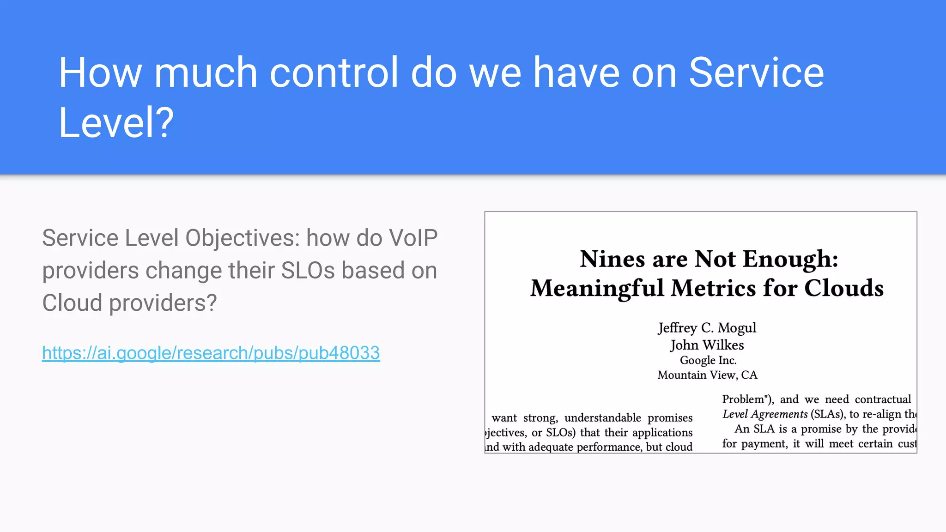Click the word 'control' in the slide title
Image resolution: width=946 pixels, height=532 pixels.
334,73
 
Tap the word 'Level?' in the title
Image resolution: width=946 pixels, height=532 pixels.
116,122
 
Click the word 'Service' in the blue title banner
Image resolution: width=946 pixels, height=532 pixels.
756,73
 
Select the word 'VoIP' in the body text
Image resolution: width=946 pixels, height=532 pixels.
413,238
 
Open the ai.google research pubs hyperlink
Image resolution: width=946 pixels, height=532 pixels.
211,353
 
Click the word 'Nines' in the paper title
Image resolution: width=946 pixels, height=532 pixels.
612,259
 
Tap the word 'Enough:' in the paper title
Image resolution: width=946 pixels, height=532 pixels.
790,259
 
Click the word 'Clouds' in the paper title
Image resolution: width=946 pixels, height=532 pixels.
843,288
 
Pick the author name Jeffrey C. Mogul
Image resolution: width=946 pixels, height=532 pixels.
707,327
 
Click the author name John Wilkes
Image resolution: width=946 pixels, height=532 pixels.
707,345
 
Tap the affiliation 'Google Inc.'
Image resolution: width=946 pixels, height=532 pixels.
708,360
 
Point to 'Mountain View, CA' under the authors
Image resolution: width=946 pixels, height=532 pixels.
707,375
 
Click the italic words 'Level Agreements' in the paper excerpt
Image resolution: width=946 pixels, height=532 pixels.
765,414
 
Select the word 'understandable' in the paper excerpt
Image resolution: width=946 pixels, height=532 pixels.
602,418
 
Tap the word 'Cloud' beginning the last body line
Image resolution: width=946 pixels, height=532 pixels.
72,303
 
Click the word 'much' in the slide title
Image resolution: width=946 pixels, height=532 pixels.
205,73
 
